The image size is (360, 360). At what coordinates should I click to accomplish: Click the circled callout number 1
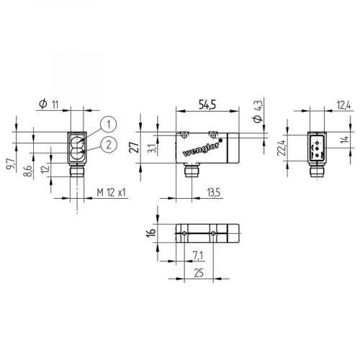point(107,122)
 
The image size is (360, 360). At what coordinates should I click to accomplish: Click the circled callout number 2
point(107,144)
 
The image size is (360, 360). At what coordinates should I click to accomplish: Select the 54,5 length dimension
point(207,105)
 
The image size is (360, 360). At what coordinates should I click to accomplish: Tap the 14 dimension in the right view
point(344,140)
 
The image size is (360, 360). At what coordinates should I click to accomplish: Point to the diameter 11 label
point(50,105)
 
